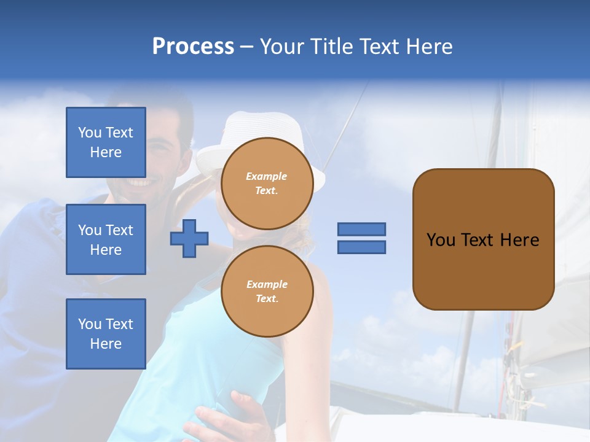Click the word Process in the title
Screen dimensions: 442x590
(x=193, y=47)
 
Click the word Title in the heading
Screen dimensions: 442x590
(x=331, y=47)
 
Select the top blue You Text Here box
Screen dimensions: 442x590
(x=106, y=142)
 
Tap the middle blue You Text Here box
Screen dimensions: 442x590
(x=106, y=239)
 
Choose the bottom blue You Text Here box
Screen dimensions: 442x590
(x=106, y=334)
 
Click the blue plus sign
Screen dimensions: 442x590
(x=189, y=238)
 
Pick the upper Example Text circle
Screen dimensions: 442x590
(x=267, y=183)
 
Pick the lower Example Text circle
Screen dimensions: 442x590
(x=267, y=291)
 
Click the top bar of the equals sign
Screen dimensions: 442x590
(x=361, y=229)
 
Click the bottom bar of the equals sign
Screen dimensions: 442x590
(x=361, y=247)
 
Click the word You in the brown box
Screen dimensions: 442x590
(x=441, y=240)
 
